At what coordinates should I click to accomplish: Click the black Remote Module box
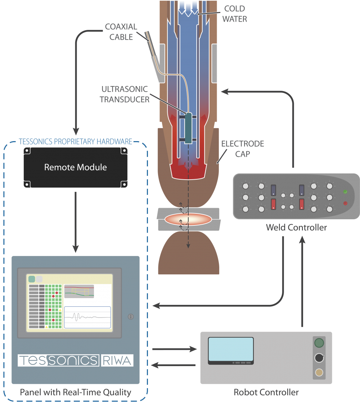point(76,167)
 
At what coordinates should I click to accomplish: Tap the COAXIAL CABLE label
point(121,32)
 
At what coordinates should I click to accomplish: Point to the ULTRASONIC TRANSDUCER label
point(125,95)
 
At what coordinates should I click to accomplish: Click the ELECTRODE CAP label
point(242,149)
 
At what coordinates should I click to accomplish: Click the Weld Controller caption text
point(296,228)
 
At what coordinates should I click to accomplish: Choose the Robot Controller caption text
point(266,392)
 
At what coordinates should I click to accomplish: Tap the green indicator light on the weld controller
point(345,192)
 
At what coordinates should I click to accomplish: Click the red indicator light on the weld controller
point(345,203)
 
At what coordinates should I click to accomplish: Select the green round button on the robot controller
point(319,342)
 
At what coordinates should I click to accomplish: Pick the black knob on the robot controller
point(319,358)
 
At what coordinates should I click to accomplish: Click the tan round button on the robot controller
point(319,373)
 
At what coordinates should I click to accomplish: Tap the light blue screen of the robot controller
point(231,350)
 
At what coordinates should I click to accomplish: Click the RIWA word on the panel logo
point(117,360)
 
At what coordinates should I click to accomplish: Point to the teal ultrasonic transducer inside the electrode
point(188,129)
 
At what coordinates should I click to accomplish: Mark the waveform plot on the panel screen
point(87,317)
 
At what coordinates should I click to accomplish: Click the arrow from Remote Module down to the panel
point(76,221)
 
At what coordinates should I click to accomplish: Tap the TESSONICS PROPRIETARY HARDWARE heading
point(75,141)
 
